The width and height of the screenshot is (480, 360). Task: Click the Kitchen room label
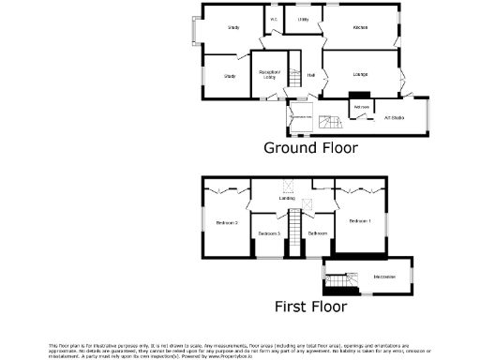tap(360, 28)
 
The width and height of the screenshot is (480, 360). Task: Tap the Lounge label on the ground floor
tap(360, 74)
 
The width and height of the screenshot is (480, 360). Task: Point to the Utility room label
tap(303, 19)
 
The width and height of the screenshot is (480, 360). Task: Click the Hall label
tap(309, 74)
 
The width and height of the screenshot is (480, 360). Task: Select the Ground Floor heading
tap(310, 147)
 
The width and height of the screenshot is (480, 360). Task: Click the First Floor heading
tap(310, 306)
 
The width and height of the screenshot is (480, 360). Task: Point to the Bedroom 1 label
tap(360, 221)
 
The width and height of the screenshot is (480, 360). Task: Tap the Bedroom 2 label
tap(227, 222)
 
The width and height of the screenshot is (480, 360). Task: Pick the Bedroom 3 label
tap(270, 232)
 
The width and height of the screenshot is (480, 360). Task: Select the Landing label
tap(288, 199)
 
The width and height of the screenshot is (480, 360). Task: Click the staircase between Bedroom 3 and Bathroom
tap(293, 232)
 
